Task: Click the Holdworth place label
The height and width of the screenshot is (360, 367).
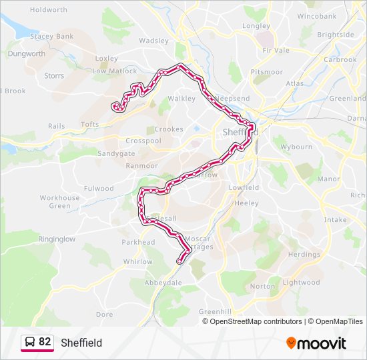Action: tap(49, 10)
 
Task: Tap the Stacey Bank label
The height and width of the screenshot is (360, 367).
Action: tap(51, 36)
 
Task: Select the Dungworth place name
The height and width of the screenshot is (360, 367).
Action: tap(26, 53)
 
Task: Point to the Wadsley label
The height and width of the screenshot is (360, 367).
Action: tap(153, 40)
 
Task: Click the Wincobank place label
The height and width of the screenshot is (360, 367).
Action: tap(317, 15)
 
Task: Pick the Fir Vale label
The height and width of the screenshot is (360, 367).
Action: tap(276, 50)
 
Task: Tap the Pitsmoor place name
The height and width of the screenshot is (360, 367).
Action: tap(262, 71)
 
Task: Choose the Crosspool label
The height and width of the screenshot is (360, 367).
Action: tap(143, 141)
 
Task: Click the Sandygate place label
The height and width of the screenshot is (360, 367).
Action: tap(116, 153)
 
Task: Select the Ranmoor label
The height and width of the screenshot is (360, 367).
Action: tap(141, 165)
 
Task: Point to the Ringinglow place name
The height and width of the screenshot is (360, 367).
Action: tap(57, 238)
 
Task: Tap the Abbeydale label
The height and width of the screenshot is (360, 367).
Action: tap(163, 282)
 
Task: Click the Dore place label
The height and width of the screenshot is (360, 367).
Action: tap(104, 313)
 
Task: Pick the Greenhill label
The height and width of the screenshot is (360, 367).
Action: tap(215, 311)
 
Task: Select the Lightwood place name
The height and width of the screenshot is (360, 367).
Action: tap(301, 282)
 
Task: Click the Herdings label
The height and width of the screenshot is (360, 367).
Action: tap(304, 254)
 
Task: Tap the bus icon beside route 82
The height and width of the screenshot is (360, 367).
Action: tap(29, 343)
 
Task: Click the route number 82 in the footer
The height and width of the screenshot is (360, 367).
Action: tap(45, 342)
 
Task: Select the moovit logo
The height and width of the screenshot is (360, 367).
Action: tap(316, 343)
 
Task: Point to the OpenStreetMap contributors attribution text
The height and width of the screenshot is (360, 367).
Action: tap(256, 321)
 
